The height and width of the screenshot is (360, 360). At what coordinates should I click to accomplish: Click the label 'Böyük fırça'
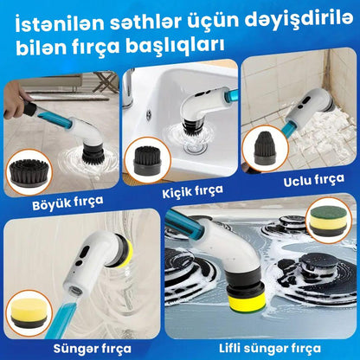[67, 203]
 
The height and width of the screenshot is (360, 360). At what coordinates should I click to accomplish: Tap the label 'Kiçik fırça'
[193, 191]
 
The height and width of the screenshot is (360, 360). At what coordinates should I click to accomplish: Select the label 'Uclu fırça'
[314, 180]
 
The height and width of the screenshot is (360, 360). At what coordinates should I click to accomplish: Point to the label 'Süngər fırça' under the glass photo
[93, 349]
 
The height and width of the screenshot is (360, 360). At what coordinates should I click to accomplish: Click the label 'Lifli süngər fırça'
[270, 348]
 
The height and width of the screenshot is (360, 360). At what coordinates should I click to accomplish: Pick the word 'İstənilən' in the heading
[60, 23]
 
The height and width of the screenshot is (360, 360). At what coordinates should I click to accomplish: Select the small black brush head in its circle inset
[147, 159]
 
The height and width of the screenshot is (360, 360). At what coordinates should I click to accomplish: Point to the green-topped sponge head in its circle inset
[328, 221]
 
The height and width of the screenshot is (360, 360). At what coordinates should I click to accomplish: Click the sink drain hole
[149, 115]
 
